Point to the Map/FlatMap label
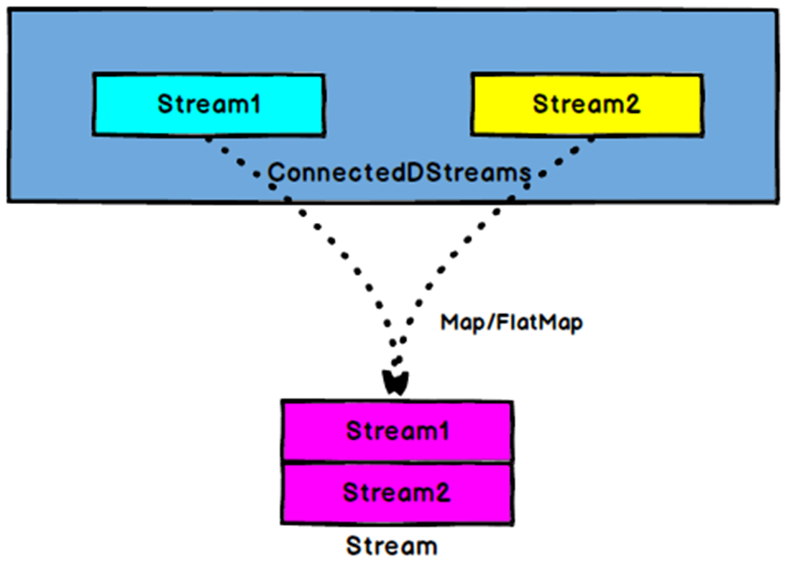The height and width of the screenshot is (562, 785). click(511, 323)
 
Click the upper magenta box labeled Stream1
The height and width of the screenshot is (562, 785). click(397, 431)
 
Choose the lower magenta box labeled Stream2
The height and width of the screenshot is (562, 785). click(397, 493)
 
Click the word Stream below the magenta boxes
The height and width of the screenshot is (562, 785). click(391, 545)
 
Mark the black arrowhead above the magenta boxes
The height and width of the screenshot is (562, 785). click(395, 382)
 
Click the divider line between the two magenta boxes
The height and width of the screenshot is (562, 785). click(397, 462)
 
